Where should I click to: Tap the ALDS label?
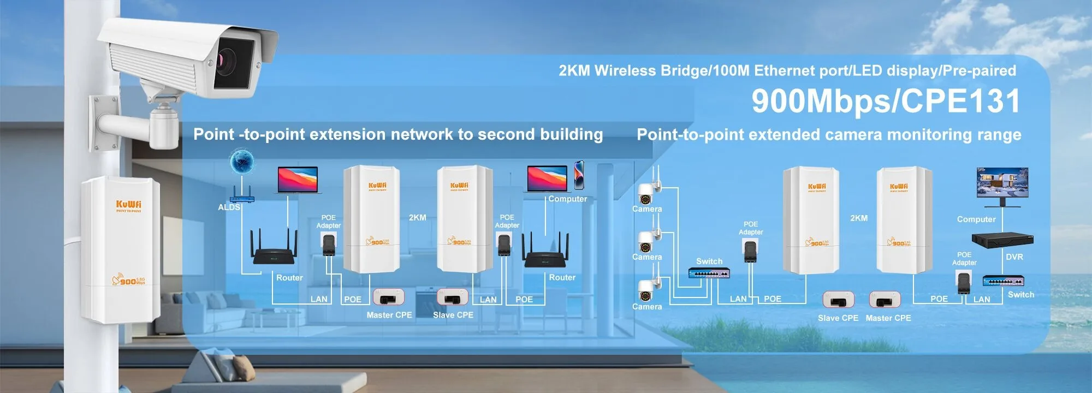[x=229, y=207]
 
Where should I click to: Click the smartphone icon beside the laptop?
[x=579, y=174]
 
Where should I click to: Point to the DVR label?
[x=1014, y=257]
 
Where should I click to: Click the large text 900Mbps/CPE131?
[x=886, y=101]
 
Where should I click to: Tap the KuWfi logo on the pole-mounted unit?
[x=128, y=205]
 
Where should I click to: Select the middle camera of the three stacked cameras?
[x=646, y=240]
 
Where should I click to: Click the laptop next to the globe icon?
[x=298, y=180]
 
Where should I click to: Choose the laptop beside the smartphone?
[x=547, y=179]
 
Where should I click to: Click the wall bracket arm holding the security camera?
[x=123, y=123]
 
